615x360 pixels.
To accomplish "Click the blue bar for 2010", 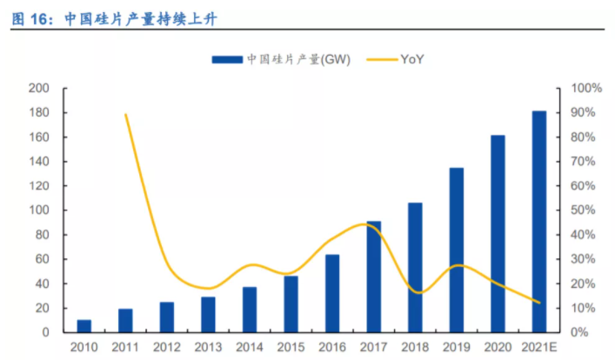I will click(x=84, y=326).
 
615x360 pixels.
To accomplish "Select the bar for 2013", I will click(x=208, y=315).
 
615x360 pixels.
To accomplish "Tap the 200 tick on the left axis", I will click(x=38, y=89).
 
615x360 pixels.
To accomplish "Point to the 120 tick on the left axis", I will click(x=38, y=186).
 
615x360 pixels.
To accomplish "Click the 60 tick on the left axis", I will click(x=42, y=259).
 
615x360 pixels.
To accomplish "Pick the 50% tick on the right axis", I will click(x=584, y=210).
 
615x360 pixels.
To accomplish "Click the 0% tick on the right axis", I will click(x=580, y=332).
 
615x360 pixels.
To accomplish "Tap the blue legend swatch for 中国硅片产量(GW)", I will click(x=226, y=59).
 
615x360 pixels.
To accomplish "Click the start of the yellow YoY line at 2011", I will click(x=126, y=115).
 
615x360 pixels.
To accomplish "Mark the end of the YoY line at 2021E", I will click(x=539, y=303).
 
